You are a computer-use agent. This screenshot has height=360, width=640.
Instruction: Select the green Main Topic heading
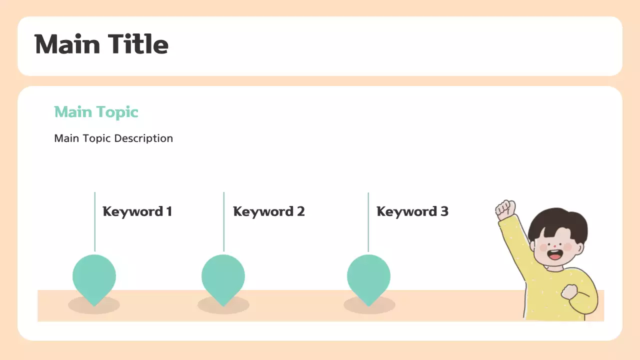point(96,111)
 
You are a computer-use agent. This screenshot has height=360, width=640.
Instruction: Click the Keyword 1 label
point(137,211)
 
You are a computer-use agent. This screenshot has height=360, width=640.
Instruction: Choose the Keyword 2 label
point(268,211)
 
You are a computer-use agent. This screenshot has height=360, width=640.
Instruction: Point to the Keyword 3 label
point(412,211)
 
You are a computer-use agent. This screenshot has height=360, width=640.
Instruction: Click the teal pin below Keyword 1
point(94,276)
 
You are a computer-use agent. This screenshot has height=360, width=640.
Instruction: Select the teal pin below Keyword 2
point(223,276)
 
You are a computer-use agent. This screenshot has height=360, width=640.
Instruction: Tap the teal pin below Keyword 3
point(368,276)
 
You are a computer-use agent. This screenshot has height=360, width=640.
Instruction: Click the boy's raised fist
point(505,208)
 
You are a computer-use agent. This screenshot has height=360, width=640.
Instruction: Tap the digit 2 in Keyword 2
point(300,211)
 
